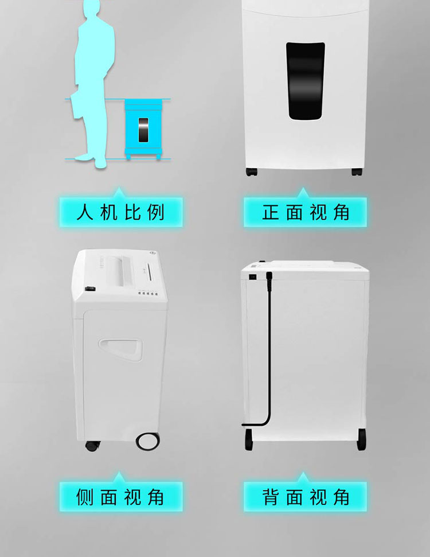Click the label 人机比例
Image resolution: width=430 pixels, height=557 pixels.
(x=121, y=212)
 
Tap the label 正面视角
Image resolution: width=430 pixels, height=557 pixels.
(x=306, y=212)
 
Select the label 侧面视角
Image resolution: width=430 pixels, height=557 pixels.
(x=120, y=497)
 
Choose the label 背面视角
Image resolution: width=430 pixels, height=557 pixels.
(x=306, y=497)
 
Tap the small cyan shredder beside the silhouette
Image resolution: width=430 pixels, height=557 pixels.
(x=143, y=129)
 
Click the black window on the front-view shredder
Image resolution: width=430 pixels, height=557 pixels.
(x=306, y=81)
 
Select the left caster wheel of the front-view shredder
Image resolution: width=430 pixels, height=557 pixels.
(x=251, y=172)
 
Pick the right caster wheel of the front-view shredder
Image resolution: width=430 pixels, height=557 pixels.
(x=357, y=172)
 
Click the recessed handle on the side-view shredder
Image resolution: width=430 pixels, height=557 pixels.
(x=121, y=349)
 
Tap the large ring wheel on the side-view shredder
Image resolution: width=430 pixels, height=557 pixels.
(x=148, y=441)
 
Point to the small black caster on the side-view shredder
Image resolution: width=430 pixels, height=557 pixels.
(x=92, y=446)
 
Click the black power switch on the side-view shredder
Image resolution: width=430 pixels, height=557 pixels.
(x=90, y=289)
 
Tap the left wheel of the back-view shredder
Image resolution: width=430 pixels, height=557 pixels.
(x=249, y=440)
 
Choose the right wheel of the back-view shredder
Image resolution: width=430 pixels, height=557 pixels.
(x=361, y=440)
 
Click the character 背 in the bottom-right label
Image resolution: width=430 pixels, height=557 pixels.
(x=271, y=497)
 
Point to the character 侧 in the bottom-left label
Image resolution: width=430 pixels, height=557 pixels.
(x=84, y=497)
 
